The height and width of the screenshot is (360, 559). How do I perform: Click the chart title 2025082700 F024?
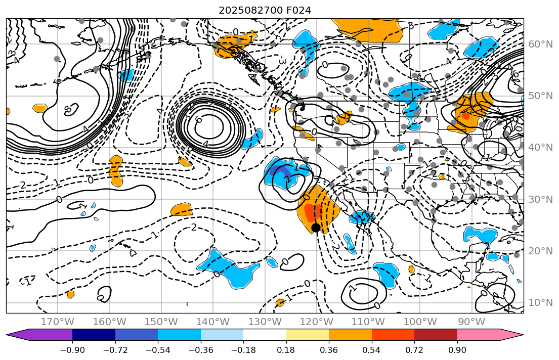pyautogui.click(x=265, y=10)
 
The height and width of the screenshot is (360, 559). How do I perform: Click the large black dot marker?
pyautogui.click(x=316, y=228)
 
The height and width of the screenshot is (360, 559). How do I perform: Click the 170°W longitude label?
pyautogui.click(x=58, y=322)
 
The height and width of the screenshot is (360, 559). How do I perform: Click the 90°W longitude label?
pyautogui.click(x=471, y=322)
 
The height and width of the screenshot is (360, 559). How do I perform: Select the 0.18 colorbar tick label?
pyautogui.click(x=286, y=350)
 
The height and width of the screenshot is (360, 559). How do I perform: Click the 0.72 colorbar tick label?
pyautogui.click(x=414, y=350)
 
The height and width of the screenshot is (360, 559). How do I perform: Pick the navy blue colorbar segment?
pyautogui.click(x=94, y=335)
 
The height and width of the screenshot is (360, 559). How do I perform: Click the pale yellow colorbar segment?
pyautogui.click(x=308, y=335)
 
